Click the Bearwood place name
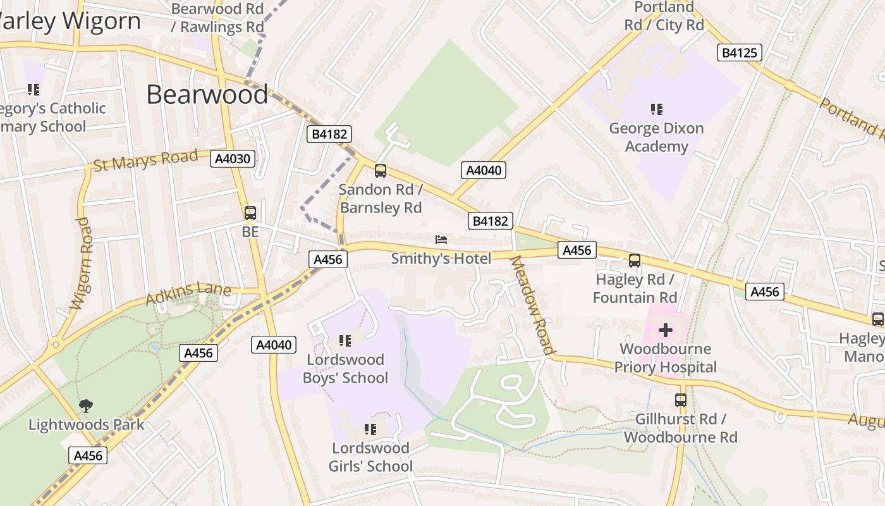pyautogui.click(x=207, y=94)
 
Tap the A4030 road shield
pyautogui.click(x=233, y=159)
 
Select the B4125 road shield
pyautogui.click(x=739, y=52)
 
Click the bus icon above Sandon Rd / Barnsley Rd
pyautogui.click(x=381, y=170)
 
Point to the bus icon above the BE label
pyautogui.click(x=250, y=213)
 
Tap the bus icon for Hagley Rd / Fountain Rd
pyautogui.click(x=635, y=261)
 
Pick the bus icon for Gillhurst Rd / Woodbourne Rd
pyautogui.click(x=681, y=400)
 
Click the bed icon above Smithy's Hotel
pyautogui.click(x=441, y=239)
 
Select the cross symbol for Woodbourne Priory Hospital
pyautogui.click(x=666, y=330)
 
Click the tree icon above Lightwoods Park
pyautogui.click(x=86, y=405)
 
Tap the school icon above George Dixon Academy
pyautogui.click(x=657, y=109)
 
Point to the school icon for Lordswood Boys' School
pyautogui.click(x=345, y=341)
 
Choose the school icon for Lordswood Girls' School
pyautogui.click(x=370, y=429)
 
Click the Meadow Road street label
pyautogui.click(x=532, y=305)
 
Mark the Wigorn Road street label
pyautogui.click(x=82, y=264)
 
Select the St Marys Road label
pyautogui.click(x=145, y=161)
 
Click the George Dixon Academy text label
pyautogui.click(x=656, y=137)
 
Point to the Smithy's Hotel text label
pyautogui.click(x=441, y=259)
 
